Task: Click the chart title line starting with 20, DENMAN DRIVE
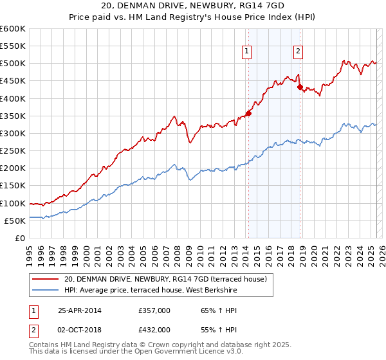point(193,6)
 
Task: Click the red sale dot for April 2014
point(248,113)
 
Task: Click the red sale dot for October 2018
point(300,87)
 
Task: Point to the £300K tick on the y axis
point(13,133)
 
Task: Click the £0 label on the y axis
point(21,238)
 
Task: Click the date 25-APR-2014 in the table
point(80,310)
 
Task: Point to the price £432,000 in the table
point(154,330)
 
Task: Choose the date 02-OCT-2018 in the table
point(80,330)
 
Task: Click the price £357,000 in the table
point(154,310)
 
